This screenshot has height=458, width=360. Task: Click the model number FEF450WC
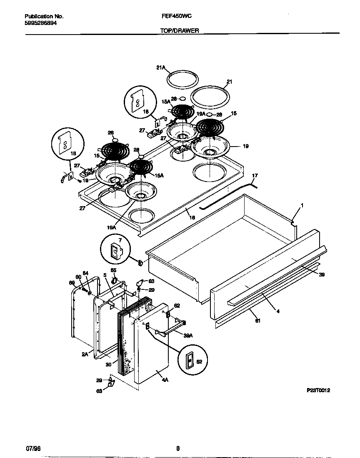(176, 16)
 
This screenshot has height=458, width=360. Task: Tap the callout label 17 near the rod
(255, 176)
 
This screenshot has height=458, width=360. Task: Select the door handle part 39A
(169, 329)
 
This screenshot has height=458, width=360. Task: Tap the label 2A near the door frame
(85, 354)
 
